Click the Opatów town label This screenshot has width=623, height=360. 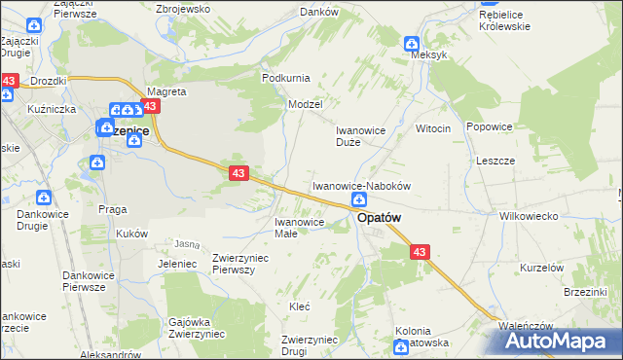pos(379,219)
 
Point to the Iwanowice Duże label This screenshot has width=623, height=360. pos(361,135)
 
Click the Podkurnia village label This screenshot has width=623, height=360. pos(285,77)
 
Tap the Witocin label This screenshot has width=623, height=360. pos(433,128)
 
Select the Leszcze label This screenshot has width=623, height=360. pos(495,161)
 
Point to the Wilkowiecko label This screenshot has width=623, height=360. pos(527,215)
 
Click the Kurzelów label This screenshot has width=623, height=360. pos(542,268)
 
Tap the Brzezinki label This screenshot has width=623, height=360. pos(586,291)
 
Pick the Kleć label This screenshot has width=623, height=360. pos(299,306)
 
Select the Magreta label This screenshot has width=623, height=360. pos(165,91)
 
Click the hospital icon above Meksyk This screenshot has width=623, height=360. pos(412,43)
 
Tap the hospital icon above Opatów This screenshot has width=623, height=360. pos(359,199)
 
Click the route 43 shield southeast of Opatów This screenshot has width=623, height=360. pos(419,252)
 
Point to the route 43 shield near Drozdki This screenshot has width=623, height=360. pos(10,81)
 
